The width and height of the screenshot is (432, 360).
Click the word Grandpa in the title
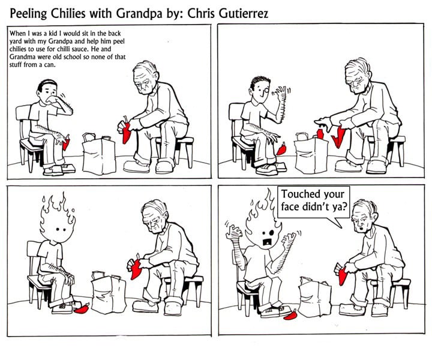(x=139, y=14)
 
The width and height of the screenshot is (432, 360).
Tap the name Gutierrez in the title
(x=243, y=13)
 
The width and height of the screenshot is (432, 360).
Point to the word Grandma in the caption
(x=20, y=57)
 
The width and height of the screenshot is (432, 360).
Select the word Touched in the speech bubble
(x=301, y=194)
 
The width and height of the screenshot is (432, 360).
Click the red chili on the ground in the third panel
(x=82, y=308)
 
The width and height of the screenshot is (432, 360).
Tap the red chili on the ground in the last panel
(x=292, y=315)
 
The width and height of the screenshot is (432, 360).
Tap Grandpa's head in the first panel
(x=145, y=77)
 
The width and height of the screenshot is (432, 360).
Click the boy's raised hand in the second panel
(x=281, y=94)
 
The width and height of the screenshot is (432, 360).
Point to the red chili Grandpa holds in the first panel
(x=127, y=133)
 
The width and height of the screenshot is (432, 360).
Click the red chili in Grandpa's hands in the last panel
(x=342, y=276)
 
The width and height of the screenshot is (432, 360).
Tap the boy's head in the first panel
(x=48, y=91)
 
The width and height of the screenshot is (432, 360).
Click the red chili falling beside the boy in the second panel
(x=281, y=149)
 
